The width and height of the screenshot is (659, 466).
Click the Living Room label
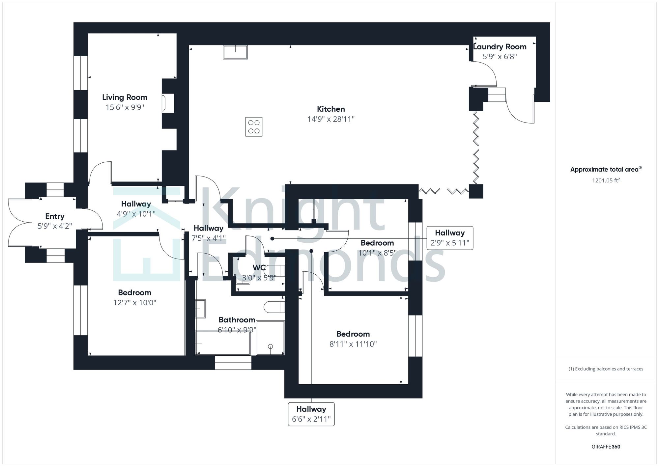(x=125, y=97)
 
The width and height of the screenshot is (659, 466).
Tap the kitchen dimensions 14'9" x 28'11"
(x=331, y=119)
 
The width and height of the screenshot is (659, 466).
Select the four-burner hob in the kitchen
(x=254, y=127)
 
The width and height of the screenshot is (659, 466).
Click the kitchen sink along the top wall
(x=235, y=52)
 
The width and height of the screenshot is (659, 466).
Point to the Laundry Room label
(x=500, y=47)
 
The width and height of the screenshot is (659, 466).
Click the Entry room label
(x=55, y=216)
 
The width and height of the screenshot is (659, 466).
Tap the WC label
(x=259, y=268)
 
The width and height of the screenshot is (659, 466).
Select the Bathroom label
(x=237, y=320)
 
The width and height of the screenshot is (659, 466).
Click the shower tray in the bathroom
(x=270, y=338)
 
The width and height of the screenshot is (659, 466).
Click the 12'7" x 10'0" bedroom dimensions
(x=135, y=303)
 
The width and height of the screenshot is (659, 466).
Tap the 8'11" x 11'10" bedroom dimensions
(x=353, y=344)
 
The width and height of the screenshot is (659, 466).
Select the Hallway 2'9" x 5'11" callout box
(x=450, y=238)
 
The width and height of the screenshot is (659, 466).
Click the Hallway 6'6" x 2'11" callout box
(x=311, y=414)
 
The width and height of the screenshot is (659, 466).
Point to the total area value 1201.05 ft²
(x=606, y=180)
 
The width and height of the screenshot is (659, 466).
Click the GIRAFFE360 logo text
(x=606, y=447)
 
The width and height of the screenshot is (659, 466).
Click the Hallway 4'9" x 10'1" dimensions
(x=136, y=214)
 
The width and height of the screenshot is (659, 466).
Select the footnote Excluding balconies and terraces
(x=606, y=369)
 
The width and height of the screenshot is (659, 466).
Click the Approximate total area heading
(x=606, y=170)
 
